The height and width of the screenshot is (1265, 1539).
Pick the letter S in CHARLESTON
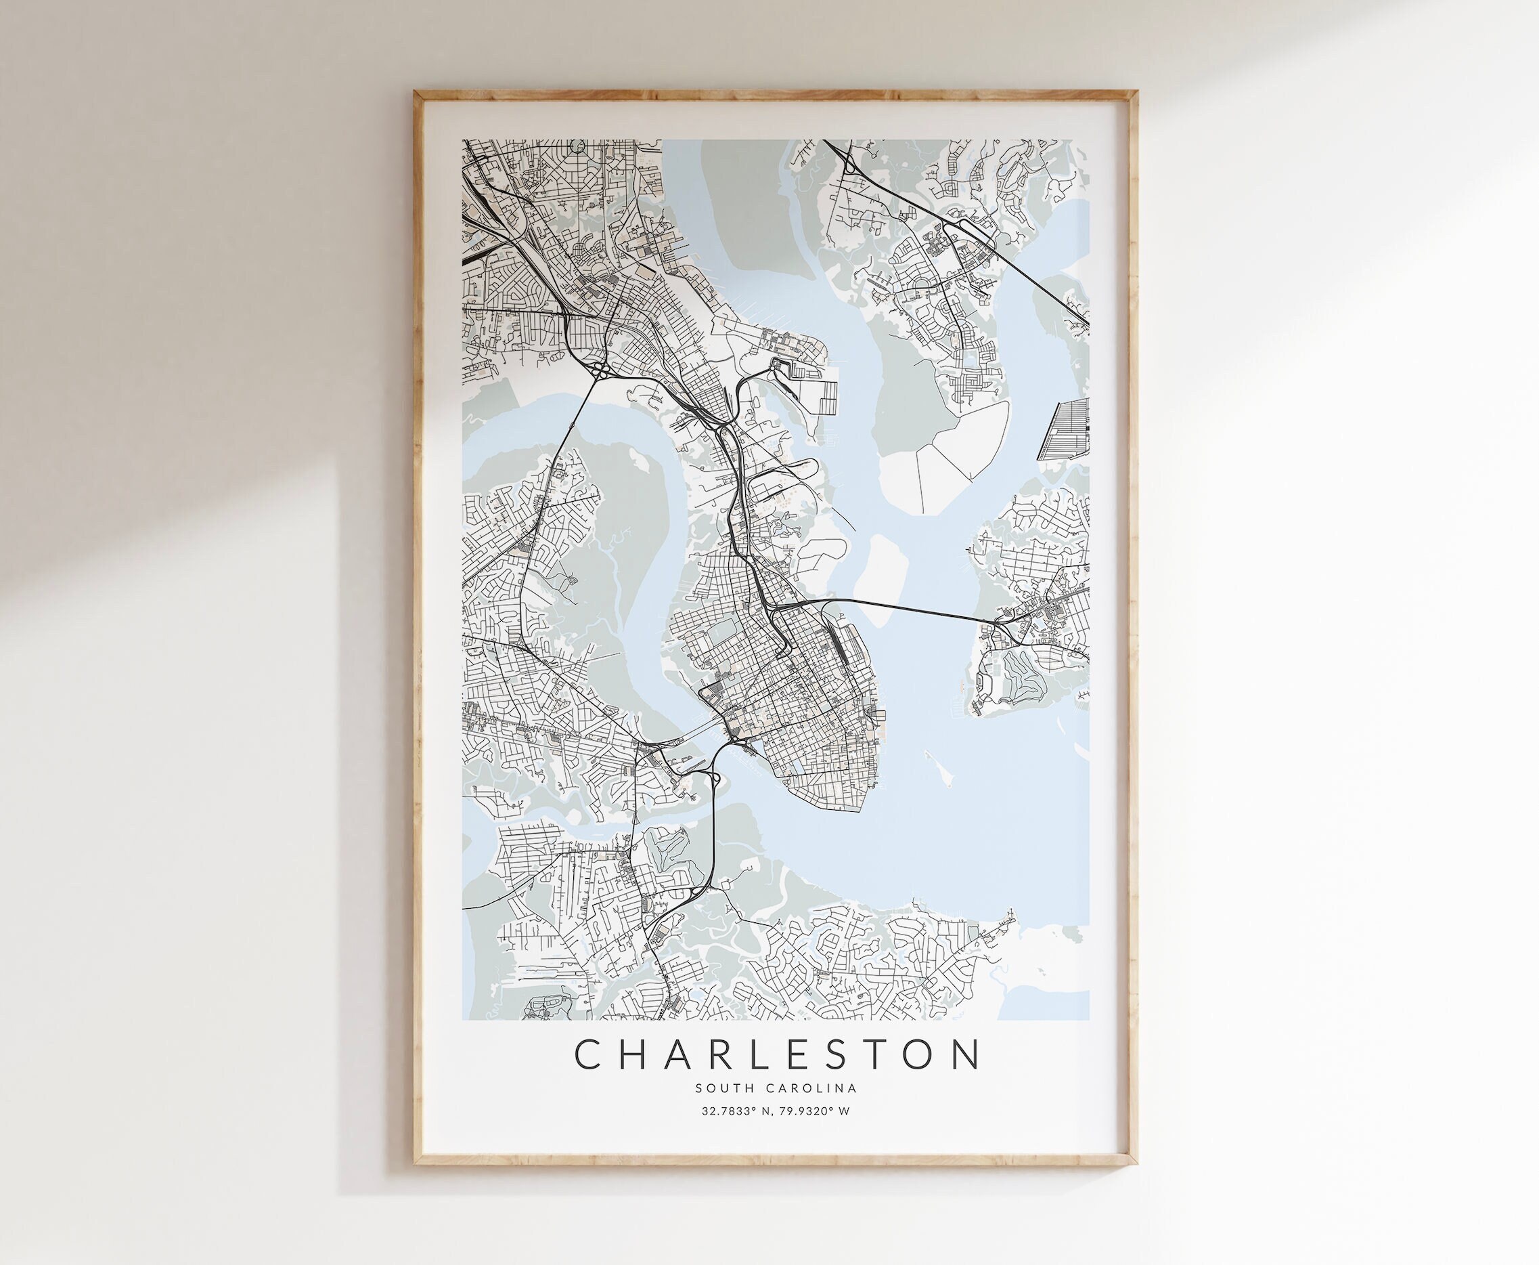[866, 1054]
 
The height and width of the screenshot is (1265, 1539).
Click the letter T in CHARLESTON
[908, 1054]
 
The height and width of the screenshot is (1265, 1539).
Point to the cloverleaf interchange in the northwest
[600, 371]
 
